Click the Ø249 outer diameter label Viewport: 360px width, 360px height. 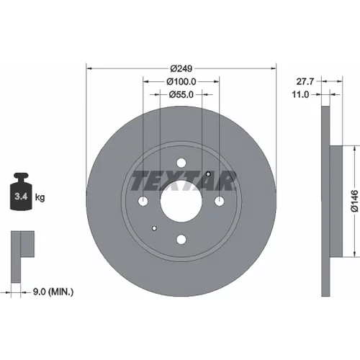click(x=181, y=68)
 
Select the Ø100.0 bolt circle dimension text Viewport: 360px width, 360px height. click(x=181, y=82)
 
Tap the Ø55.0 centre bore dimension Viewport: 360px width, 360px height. click(x=181, y=95)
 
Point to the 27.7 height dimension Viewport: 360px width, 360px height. click(x=305, y=81)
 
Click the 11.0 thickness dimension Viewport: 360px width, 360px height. click(x=300, y=94)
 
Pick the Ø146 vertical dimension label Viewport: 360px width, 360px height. click(x=354, y=201)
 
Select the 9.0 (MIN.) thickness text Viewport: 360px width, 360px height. click(x=53, y=292)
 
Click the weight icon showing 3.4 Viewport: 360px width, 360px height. click(x=21, y=192)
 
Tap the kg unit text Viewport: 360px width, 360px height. click(x=40, y=197)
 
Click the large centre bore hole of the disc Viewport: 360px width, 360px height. click(x=181, y=201)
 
